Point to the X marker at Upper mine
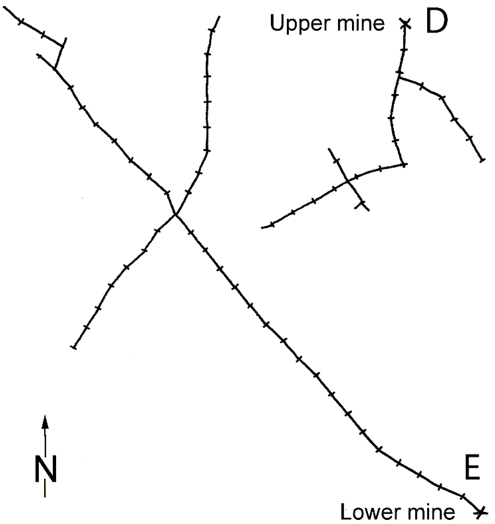405,23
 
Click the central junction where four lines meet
175,215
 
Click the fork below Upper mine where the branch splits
399,78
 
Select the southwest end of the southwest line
74,347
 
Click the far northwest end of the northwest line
4,7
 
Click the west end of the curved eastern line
262,227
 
